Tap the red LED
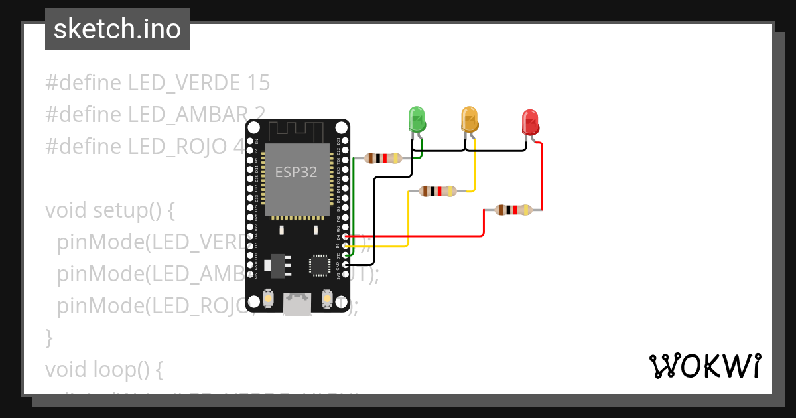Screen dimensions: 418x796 (x=531, y=122)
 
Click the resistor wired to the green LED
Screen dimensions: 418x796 (x=384, y=158)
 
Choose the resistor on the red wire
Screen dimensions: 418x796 (x=514, y=210)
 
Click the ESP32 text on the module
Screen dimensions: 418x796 (x=297, y=173)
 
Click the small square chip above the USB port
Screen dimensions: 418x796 (x=319, y=265)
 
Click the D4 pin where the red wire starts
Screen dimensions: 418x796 (x=345, y=236)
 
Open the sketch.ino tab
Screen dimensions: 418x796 (x=117, y=29)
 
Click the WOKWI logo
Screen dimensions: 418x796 (x=704, y=366)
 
